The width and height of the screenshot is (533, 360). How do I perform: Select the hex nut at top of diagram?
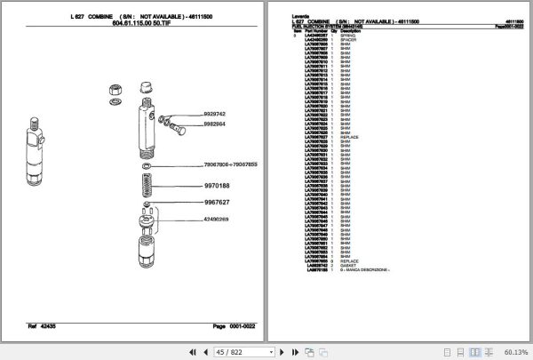click(116, 89)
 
